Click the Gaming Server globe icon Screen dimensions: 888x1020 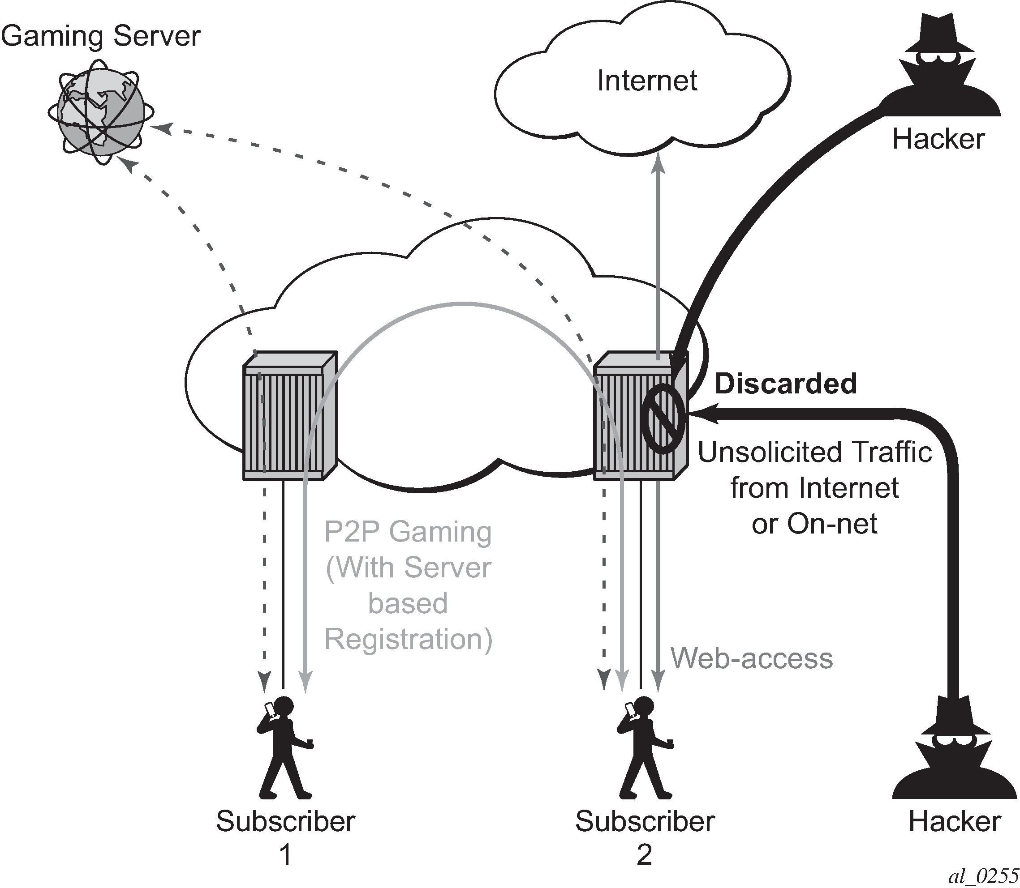(101, 112)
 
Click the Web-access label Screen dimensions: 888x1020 (751, 658)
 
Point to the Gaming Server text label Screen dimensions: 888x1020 (101, 36)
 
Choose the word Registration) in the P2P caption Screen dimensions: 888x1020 (408, 639)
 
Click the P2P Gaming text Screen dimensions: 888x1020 (408, 532)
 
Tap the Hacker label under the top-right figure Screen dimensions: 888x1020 (938, 139)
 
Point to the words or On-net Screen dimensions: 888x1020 (814, 524)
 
